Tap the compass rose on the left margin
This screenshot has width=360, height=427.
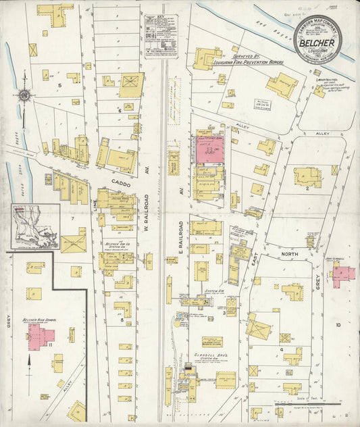coord(25,95)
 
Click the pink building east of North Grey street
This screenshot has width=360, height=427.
coord(342,274)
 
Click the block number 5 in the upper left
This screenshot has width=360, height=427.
coord(59,85)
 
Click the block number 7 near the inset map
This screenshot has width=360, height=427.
coord(71,218)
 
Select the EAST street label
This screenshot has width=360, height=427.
coord(255,249)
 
